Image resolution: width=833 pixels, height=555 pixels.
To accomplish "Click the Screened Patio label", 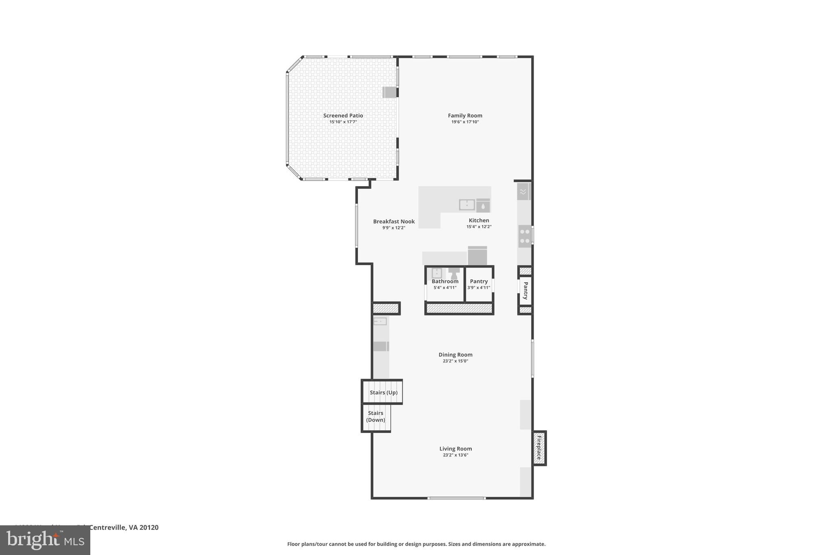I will [x=343, y=115].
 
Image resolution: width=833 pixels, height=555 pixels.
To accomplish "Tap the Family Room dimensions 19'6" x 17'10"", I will [x=465, y=122].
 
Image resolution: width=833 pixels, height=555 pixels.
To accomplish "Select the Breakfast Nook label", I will [x=394, y=222].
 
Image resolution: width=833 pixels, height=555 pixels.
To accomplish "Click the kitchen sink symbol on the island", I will [x=467, y=205].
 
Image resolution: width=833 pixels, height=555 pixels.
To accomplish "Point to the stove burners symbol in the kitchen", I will [x=525, y=236].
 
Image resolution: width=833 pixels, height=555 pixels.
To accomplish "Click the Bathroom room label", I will [x=445, y=281].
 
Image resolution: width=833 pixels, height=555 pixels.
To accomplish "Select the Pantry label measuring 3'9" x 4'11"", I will [x=479, y=281].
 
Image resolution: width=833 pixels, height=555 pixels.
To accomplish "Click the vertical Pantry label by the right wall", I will [x=526, y=291].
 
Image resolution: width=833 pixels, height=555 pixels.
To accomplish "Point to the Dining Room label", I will [x=455, y=355].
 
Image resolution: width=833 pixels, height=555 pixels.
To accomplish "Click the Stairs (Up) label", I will [x=383, y=392].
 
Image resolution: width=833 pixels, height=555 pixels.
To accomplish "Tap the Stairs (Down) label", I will [x=375, y=416].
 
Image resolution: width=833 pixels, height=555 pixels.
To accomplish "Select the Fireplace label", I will [x=539, y=448].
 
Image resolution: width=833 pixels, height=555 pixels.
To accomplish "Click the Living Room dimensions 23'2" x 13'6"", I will [x=456, y=455].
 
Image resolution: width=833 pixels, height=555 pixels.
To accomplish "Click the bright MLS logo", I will [x=45, y=540].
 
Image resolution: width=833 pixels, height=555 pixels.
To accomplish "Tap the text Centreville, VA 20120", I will [x=124, y=527].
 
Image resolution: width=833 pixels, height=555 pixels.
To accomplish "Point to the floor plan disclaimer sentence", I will [x=416, y=544].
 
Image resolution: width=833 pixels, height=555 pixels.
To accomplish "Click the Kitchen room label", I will [x=479, y=220].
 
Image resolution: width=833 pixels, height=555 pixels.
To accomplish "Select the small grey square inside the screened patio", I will [x=389, y=92].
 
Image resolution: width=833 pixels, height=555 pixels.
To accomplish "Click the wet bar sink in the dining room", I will [x=380, y=322].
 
